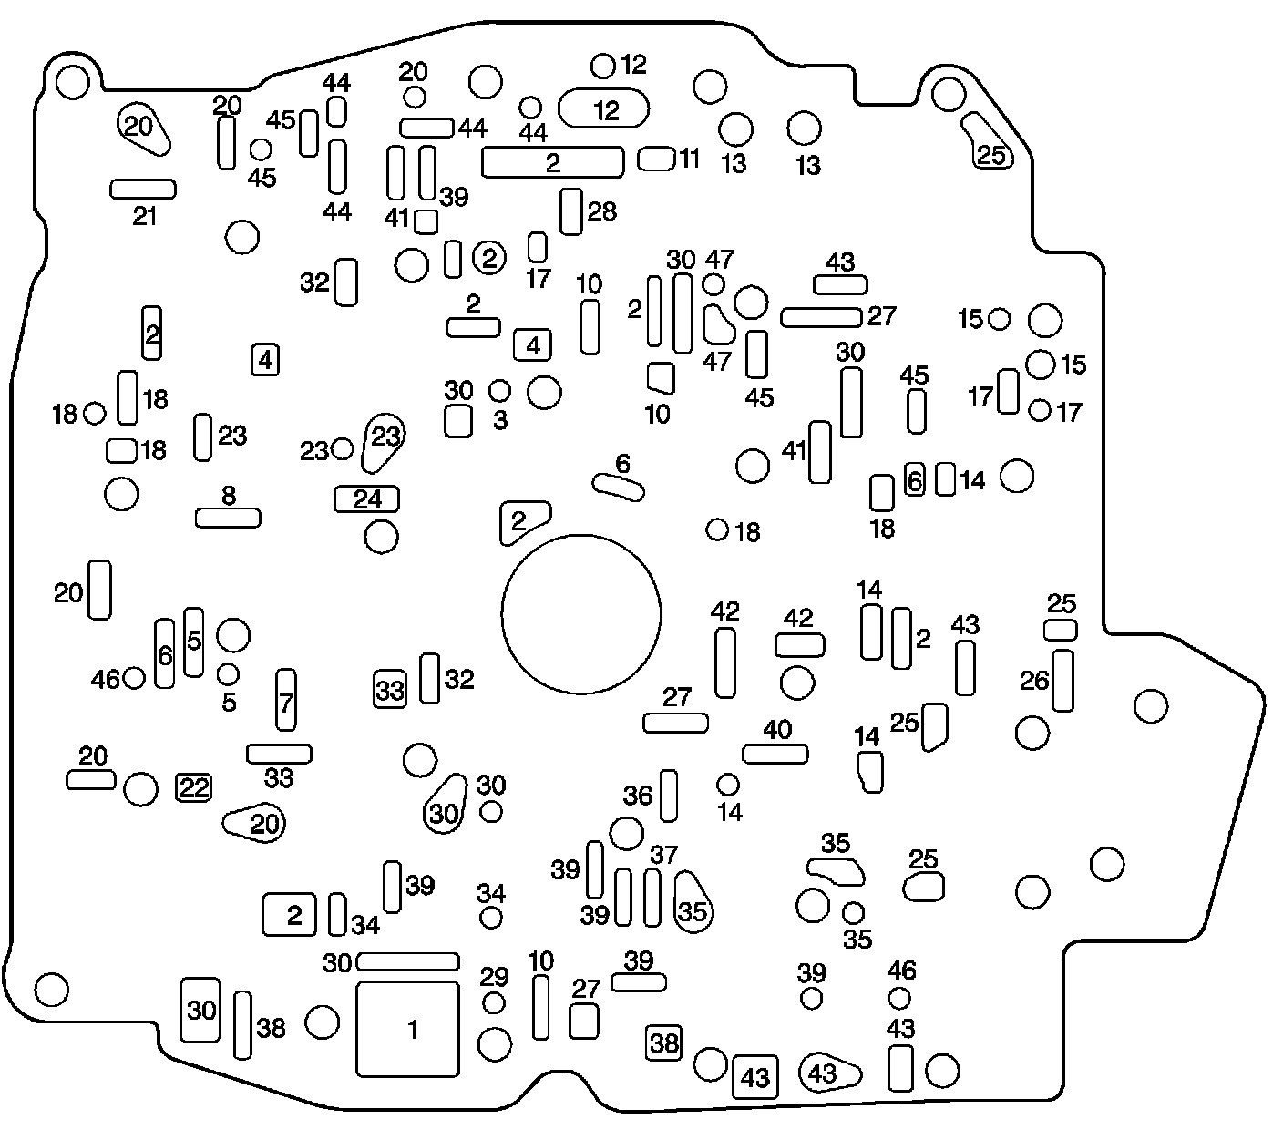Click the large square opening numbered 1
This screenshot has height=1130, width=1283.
click(407, 1029)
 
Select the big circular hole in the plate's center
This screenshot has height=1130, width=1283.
click(581, 613)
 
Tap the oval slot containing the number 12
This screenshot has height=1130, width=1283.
click(604, 109)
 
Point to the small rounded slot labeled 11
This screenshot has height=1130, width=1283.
click(654, 159)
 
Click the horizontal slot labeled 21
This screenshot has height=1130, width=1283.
click(143, 189)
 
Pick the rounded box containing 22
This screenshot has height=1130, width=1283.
click(193, 787)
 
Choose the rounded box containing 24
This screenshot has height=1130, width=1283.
click(367, 498)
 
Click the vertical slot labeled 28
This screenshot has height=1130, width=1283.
click(570, 211)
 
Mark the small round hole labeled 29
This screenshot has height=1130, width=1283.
click(494, 1003)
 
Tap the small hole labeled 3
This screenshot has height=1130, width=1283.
click(499, 391)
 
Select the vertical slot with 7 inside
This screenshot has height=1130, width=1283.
click(286, 699)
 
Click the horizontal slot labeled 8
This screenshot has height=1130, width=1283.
click(228, 518)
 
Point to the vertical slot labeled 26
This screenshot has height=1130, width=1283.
click(1062, 680)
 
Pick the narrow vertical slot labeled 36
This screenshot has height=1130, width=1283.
click(669, 796)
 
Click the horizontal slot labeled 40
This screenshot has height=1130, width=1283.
click(775, 754)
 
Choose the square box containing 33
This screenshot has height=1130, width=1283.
click(390, 690)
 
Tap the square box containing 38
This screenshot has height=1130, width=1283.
click(664, 1043)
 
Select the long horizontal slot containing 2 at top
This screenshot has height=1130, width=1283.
click(552, 162)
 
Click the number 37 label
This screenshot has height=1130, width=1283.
click(663, 856)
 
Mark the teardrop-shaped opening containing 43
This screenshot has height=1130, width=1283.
click(828, 1073)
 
